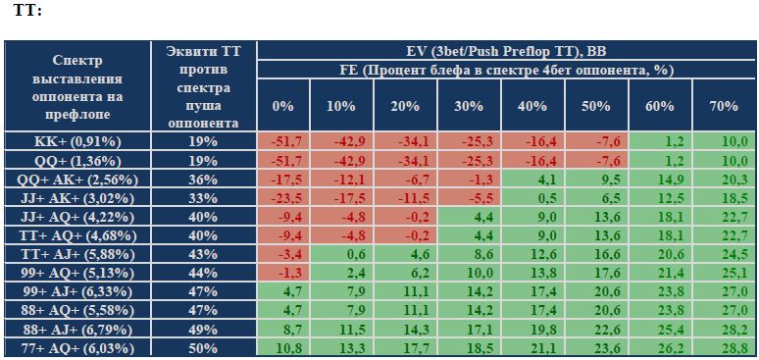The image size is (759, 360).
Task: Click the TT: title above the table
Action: [x=27, y=10]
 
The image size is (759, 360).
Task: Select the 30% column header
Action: [x=469, y=106]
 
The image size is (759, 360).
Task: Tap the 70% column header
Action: [x=724, y=106]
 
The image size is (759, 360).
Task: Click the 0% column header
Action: [x=283, y=106]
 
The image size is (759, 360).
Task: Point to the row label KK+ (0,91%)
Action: [x=77, y=141]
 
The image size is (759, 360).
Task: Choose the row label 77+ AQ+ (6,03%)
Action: [x=77, y=348]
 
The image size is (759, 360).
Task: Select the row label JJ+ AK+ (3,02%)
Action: [x=77, y=198]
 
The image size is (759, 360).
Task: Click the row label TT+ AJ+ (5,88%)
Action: [x=77, y=254]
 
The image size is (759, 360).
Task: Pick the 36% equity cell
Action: [x=204, y=180]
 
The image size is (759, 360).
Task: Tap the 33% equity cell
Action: [x=204, y=198]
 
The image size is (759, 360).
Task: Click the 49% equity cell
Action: [x=204, y=330]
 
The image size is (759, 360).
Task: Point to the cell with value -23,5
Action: [x=283, y=198]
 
